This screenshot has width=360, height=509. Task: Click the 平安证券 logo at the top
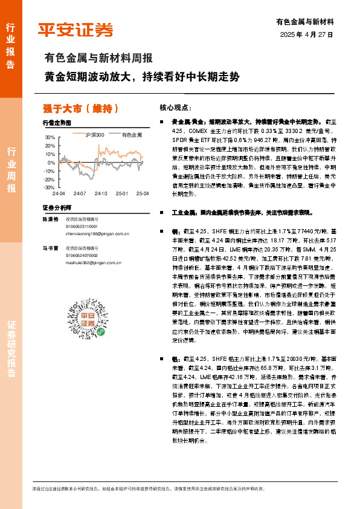coord(76,29)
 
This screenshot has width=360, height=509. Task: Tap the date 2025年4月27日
coord(307,34)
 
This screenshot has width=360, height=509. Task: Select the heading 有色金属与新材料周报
coord(98,59)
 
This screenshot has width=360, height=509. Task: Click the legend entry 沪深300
coord(94,135)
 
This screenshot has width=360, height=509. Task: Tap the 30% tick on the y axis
coord(50,138)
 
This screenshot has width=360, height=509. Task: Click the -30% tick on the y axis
coord(48,188)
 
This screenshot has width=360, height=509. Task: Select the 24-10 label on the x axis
coord(101,194)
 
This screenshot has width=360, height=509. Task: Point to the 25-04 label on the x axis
coord(142,194)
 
